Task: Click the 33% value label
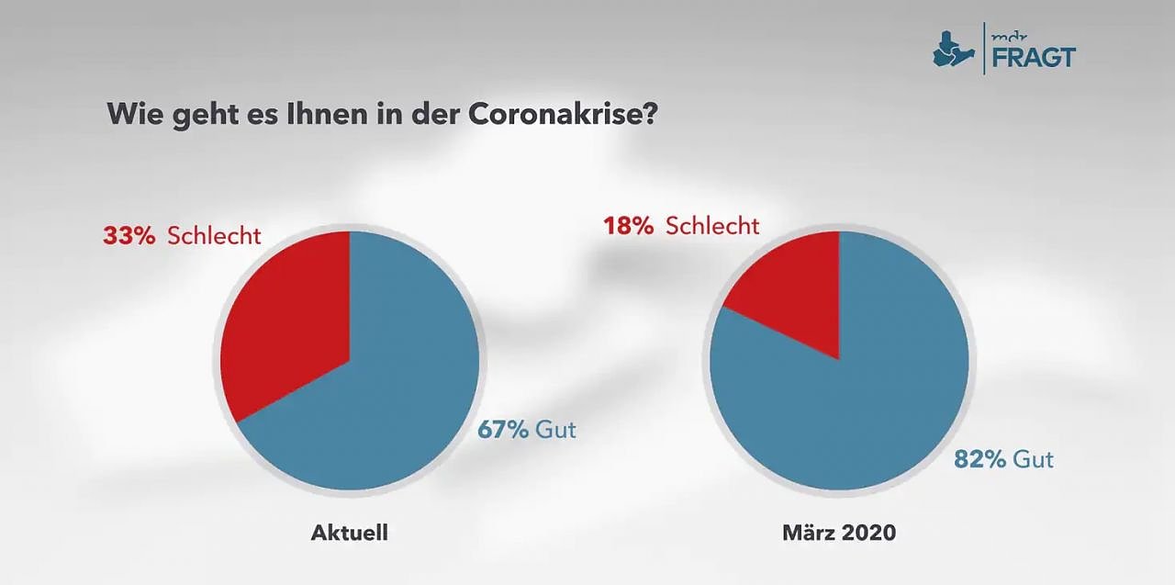tap(129, 236)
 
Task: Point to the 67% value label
tap(502, 429)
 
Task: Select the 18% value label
tap(628, 226)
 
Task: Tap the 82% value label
tap(979, 459)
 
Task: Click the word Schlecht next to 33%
tap(214, 236)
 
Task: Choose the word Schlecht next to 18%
tap(712, 226)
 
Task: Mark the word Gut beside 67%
tap(555, 429)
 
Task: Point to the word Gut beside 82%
tap(1033, 459)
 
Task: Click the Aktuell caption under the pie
tap(349, 533)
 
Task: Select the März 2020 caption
tap(839, 533)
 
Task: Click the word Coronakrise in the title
tap(563, 115)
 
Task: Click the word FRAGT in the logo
tap(1033, 57)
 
